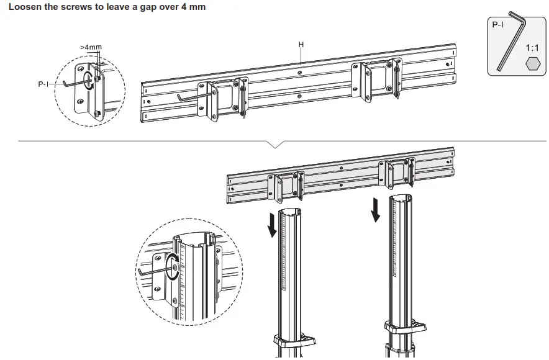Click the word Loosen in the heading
coord(24,7)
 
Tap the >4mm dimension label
coord(91,47)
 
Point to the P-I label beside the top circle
coord(43,84)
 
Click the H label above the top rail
coord(301,45)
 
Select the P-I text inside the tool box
coord(498,25)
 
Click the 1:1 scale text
coord(532,47)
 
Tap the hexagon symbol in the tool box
coord(532,63)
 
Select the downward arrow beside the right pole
coord(375,210)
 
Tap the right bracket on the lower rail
coord(397,173)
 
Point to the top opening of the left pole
coord(288,212)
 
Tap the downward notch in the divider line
coord(276,145)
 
